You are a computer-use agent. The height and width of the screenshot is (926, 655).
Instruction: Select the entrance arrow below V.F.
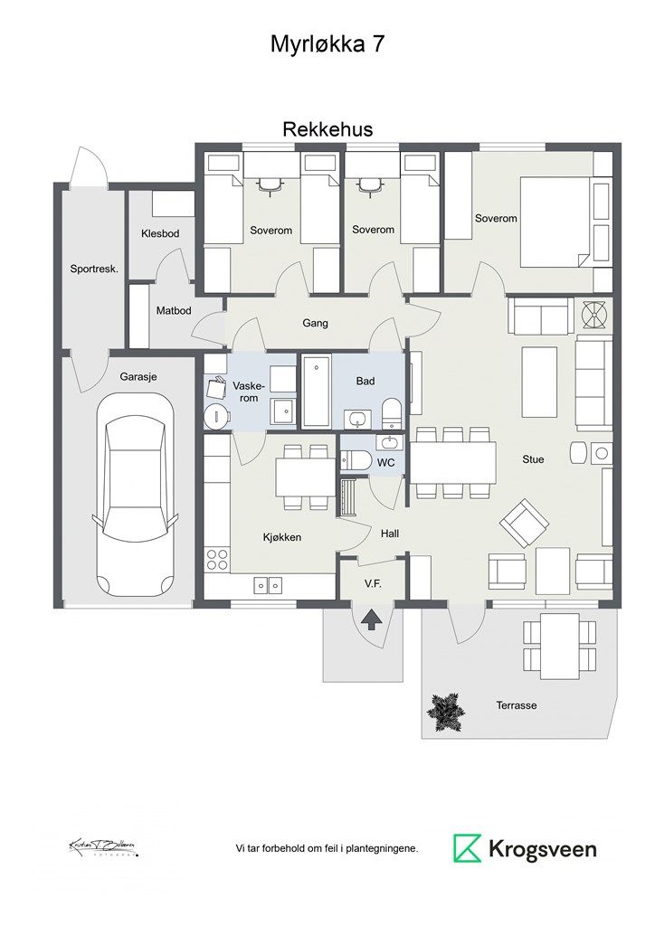coord(371,619)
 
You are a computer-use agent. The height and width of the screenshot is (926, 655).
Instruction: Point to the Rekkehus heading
coord(327,129)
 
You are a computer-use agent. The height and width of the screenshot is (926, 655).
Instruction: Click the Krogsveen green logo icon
coord(468,848)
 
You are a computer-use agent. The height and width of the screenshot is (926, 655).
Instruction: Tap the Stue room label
coord(533,459)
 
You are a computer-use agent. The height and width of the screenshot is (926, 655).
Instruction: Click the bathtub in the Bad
coord(316,392)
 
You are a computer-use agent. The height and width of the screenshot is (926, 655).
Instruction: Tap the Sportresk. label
coord(94,269)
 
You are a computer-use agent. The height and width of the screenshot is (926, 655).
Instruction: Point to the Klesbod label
coord(160,234)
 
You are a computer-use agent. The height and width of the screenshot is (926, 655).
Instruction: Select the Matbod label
coord(174,310)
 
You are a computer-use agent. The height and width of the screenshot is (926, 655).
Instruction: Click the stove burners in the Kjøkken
coord(217,559)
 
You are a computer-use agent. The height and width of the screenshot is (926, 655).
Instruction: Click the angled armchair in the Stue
coord(524,523)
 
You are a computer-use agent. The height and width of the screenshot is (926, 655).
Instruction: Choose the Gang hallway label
coord(315,323)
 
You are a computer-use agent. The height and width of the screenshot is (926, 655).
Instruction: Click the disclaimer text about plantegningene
coord(327,849)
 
